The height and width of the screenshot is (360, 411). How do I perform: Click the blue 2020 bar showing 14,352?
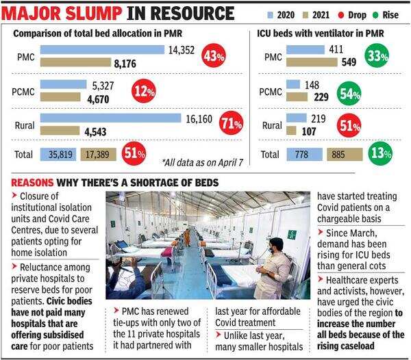[x=102, y=50]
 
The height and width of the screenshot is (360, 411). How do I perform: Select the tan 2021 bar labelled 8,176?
[x=75, y=62]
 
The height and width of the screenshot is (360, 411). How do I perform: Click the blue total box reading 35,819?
[x=58, y=155]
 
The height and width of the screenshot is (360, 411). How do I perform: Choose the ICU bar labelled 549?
[x=312, y=62]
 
